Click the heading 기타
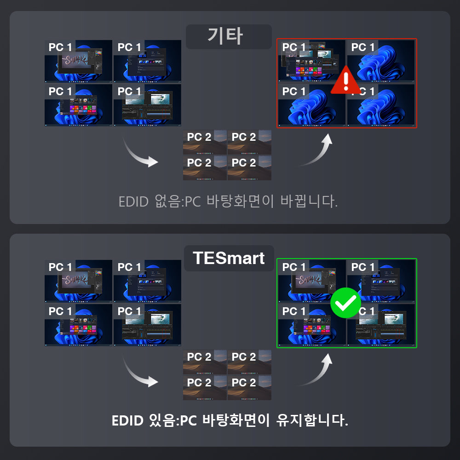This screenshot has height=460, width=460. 228,36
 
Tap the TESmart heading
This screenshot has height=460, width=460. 229,258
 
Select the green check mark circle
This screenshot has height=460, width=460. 346,303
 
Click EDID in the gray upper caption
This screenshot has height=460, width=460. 134,202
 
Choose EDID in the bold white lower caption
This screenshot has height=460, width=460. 128,420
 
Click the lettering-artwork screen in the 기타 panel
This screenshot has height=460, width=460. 78,61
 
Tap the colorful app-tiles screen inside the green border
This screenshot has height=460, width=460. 311,325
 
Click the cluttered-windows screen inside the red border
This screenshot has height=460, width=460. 311,61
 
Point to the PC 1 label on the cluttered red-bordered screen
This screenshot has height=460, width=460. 294,47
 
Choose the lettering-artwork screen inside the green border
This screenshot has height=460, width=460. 311,281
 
